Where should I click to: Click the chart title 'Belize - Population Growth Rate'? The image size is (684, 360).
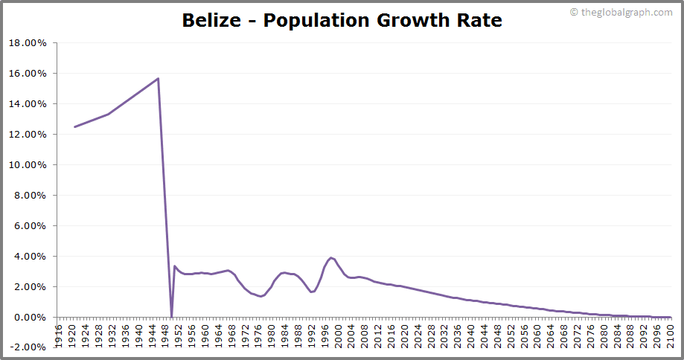(x=342, y=21)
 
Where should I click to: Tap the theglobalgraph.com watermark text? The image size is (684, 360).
(x=624, y=12)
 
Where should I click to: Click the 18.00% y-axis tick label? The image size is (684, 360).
(x=28, y=43)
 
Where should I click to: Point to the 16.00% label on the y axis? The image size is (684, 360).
(x=28, y=74)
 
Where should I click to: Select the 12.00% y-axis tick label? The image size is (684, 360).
(x=28, y=135)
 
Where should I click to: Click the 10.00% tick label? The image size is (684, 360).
(x=28, y=165)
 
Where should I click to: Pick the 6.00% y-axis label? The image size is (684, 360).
(x=30, y=226)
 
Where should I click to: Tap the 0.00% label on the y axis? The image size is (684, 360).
(x=30, y=318)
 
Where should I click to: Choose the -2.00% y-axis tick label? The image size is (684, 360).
(x=28, y=347)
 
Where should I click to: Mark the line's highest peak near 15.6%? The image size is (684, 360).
(x=158, y=78)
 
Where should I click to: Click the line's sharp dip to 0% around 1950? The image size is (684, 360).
(x=171, y=317)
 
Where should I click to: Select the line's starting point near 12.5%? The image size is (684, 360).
(x=74, y=126)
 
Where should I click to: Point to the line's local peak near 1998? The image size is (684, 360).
(x=331, y=257)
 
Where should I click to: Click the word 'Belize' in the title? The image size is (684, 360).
(x=210, y=21)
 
